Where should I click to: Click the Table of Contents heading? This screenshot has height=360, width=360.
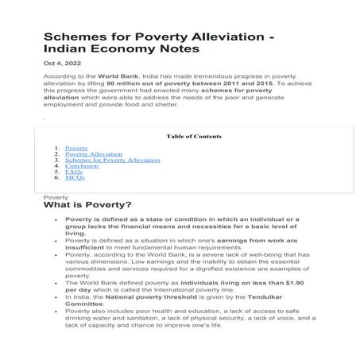pos(194,136)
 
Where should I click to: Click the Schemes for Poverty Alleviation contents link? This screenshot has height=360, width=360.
pos(112,160)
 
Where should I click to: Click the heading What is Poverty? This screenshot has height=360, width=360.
pos(87,205)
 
